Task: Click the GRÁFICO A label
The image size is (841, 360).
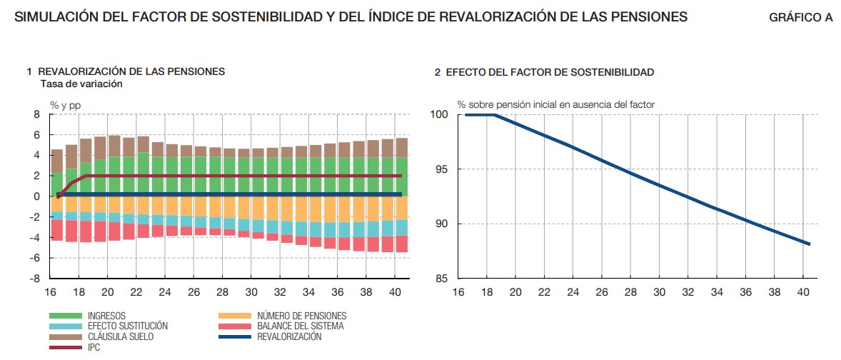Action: coord(800,18)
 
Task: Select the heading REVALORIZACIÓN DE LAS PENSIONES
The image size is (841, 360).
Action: coord(131,71)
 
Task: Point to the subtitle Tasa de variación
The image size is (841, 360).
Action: coord(81,84)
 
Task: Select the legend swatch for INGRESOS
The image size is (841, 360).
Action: coord(66,316)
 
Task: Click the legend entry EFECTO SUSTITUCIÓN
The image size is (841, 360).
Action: coord(127,326)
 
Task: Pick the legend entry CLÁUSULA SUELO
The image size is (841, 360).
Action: coord(120,336)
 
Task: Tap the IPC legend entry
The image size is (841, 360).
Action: coord(94,347)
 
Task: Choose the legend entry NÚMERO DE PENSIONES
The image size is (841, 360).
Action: coord(301,316)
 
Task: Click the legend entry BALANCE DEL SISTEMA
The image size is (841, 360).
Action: coord(300,326)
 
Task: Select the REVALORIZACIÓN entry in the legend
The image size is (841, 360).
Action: coord(289,336)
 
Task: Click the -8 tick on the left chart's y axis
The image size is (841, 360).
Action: coord(35,278)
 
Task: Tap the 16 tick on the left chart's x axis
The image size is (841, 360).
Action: coord(50,292)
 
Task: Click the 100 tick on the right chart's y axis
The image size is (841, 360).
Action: coord(438,114)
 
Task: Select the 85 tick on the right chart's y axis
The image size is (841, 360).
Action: coord(441,278)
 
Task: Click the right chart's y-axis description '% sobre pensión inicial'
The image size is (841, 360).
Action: coord(555,104)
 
